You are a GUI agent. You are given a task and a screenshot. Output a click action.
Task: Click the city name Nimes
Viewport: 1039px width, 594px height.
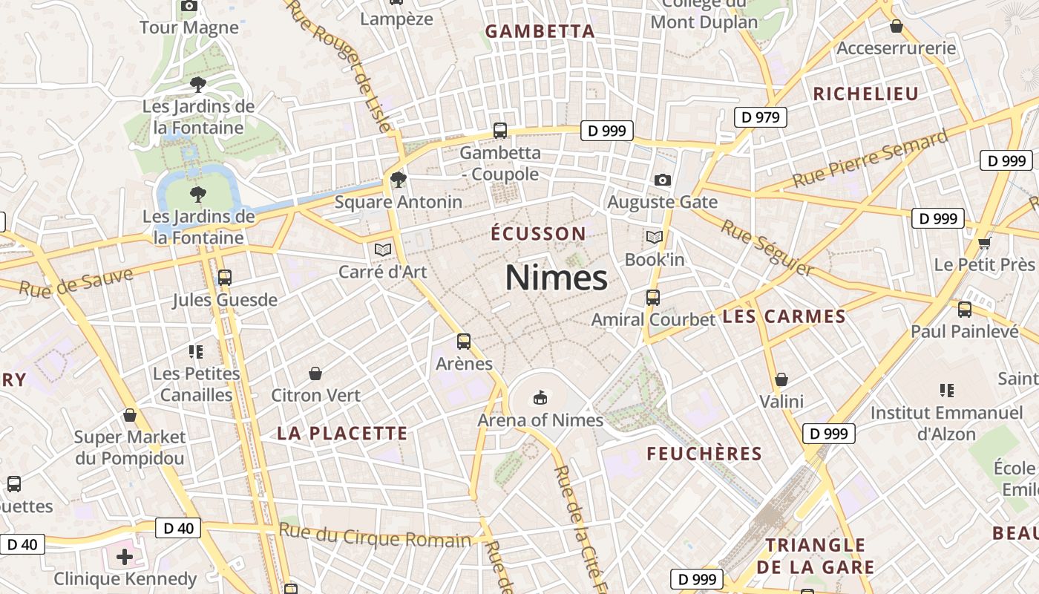point(557,278)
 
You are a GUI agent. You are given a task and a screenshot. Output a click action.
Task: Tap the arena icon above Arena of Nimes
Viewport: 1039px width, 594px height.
point(540,398)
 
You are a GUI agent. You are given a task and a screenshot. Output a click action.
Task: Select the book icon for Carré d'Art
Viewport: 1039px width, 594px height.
point(383,250)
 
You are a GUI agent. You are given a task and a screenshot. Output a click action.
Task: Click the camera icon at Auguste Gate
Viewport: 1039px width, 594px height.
point(663,180)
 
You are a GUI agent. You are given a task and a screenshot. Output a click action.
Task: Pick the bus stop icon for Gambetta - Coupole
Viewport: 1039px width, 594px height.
point(500,131)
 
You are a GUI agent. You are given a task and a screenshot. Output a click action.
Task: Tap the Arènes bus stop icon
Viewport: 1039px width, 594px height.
point(464,342)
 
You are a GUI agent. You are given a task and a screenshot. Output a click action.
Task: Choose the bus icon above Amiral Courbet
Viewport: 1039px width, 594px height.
point(653,298)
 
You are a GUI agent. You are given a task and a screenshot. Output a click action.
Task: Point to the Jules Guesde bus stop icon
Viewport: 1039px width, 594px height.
point(224,278)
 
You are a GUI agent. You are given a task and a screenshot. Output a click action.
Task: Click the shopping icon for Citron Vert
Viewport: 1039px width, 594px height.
point(315,373)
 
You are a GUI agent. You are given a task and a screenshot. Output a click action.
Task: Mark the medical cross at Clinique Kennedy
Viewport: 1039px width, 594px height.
point(125,556)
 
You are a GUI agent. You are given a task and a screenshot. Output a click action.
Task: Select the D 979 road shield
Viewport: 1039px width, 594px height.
point(761,117)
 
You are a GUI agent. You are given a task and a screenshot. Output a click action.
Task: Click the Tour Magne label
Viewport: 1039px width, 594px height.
point(189,28)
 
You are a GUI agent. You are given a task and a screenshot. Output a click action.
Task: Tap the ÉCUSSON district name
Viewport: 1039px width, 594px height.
point(539,234)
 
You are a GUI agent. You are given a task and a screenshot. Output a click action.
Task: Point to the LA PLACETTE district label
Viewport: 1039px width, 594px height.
point(343,434)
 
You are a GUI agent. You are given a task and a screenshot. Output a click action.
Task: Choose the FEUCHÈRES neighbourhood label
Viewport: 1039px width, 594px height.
point(704,454)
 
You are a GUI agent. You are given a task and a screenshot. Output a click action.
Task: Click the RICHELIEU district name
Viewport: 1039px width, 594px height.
point(866,94)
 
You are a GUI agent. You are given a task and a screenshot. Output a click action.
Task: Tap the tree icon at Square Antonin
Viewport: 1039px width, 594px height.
point(399,179)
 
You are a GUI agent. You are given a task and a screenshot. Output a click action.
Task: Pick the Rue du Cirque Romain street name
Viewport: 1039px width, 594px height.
point(375,535)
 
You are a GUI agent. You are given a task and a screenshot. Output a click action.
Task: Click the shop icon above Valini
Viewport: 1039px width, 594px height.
point(781,380)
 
